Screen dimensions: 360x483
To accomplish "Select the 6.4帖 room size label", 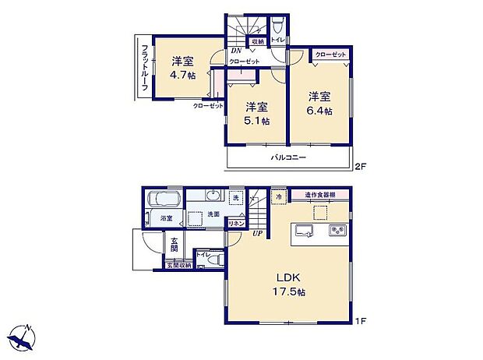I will point(319,111).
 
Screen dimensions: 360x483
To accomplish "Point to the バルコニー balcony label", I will point(288,157).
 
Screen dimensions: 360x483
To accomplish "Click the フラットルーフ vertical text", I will point(144,69).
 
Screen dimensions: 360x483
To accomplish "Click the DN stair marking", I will point(235,51).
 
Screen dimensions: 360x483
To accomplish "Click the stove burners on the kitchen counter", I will point(336,231).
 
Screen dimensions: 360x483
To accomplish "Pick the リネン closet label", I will point(234,224).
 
